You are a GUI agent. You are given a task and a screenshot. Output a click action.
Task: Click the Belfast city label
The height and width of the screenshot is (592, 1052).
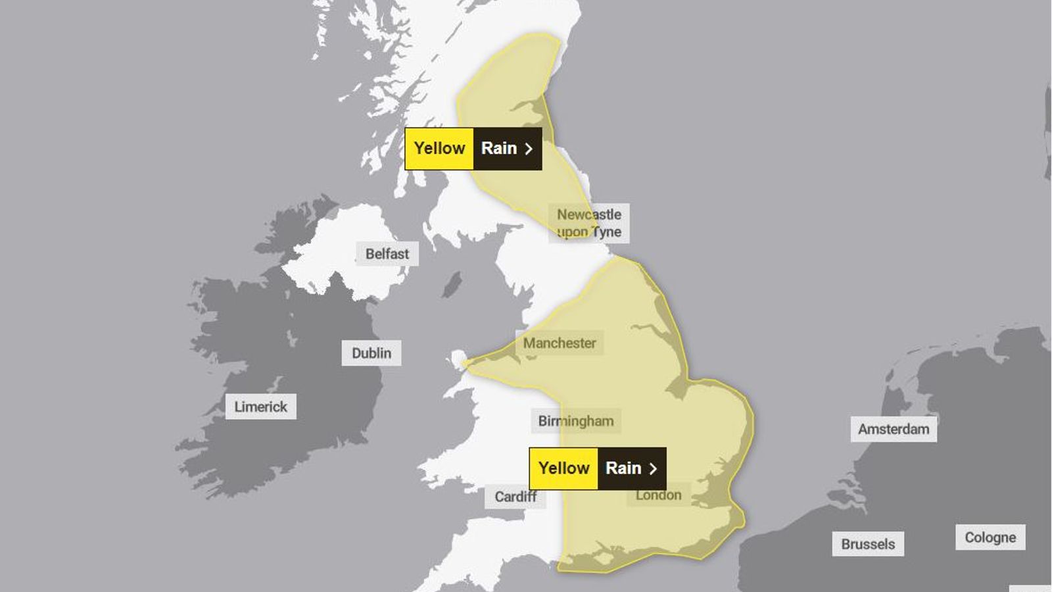tap(387, 254)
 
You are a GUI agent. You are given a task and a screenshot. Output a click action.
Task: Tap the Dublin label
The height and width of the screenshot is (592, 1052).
tap(371, 353)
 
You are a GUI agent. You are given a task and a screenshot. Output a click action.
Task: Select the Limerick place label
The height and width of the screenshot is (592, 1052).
tap(260, 407)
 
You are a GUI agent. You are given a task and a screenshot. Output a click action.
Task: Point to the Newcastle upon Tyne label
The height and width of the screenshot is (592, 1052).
tap(588, 223)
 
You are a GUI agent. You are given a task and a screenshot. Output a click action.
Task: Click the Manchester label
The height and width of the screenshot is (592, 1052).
tap(560, 343)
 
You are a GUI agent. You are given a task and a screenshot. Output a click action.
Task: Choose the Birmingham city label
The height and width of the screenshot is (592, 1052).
tap(575, 421)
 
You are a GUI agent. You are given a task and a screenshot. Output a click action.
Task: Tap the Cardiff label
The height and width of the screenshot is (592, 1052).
tap(515, 497)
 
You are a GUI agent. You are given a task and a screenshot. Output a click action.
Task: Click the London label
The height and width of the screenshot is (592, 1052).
tap(658, 495)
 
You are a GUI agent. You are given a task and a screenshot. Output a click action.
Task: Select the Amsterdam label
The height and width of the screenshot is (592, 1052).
tap(894, 430)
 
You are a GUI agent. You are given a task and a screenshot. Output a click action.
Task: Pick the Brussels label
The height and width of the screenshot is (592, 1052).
tap(868, 544)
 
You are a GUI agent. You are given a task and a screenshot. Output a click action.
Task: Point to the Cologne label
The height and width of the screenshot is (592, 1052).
tap(990, 537)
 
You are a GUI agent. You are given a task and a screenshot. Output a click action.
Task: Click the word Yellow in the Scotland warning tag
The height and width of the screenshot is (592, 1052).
tap(439, 149)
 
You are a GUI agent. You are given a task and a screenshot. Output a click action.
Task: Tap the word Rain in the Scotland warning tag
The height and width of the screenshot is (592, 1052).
tap(499, 149)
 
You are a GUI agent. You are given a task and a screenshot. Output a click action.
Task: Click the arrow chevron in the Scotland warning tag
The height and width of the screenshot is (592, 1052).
tap(528, 149)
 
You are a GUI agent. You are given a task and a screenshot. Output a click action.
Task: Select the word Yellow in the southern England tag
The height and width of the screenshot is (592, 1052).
tap(563, 468)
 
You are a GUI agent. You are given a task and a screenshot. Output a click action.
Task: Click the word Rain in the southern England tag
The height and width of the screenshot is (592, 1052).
tap(623, 468)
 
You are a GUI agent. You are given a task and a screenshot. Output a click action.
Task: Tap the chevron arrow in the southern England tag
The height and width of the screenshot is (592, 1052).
tap(653, 469)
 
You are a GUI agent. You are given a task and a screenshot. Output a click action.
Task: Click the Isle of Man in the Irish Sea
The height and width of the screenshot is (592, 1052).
tap(452, 285)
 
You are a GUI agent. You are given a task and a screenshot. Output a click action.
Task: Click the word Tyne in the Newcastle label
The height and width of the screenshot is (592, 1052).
tap(606, 232)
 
